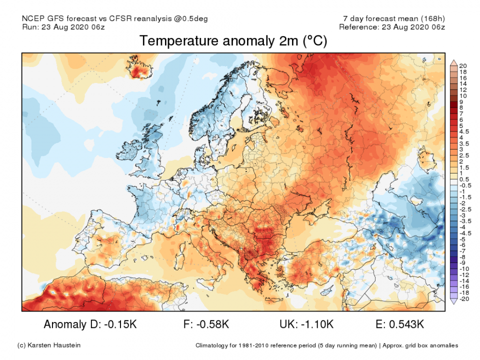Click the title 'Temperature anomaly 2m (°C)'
tap(233, 41)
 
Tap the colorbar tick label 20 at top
tap(462, 66)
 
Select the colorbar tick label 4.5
tap(463, 131)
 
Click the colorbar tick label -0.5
tap(464, 185)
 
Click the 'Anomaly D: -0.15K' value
tap(89, 324)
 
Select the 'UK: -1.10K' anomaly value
tap(306, 324)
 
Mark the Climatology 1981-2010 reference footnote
tap(326, 345)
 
